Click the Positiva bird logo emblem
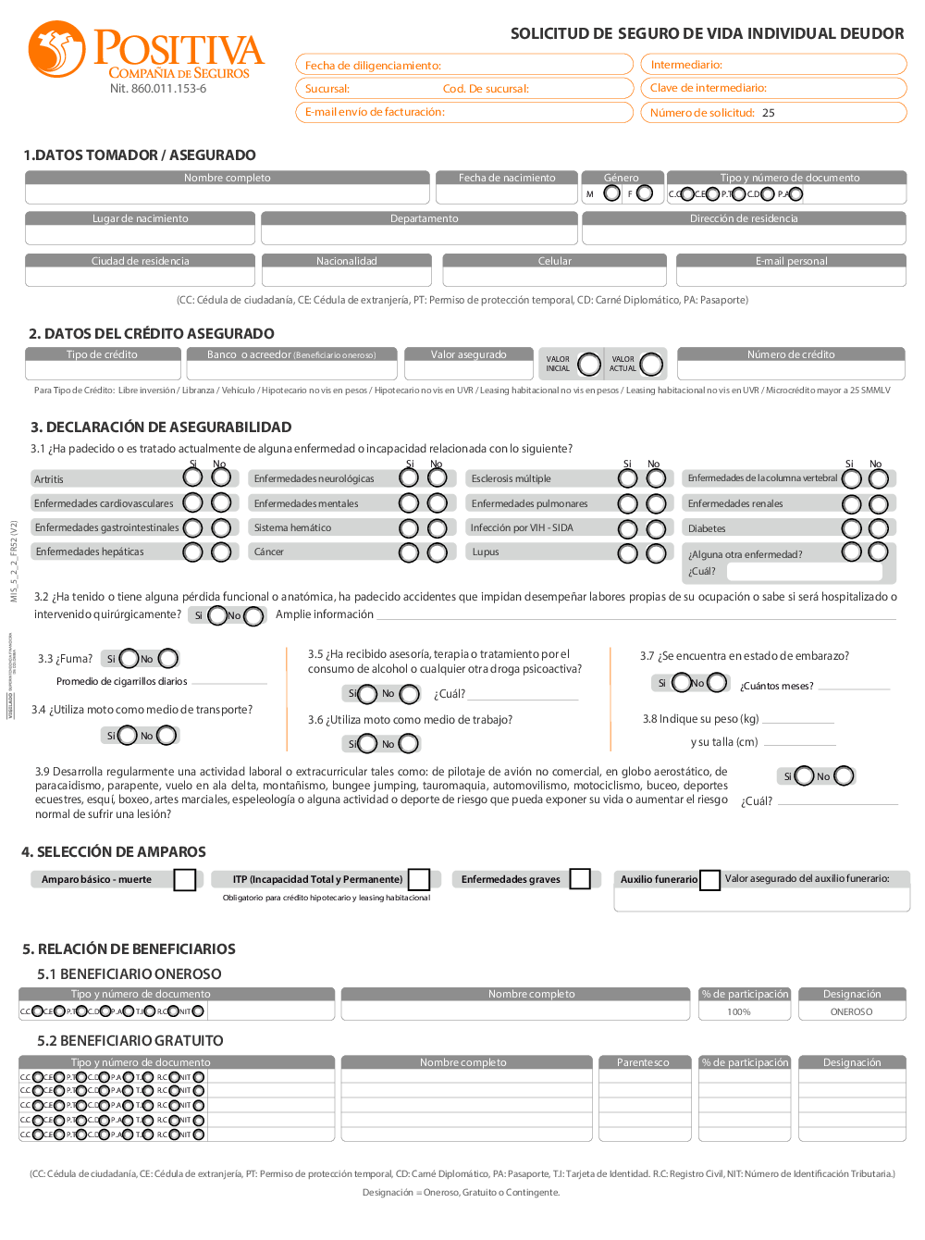coord(56,49)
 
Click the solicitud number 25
coord(769,113)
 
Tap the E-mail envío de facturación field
coord(464,112)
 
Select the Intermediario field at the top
coord(773,65)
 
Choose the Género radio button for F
coord(645,193)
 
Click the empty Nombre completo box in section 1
coord(228,194)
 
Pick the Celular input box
coord(554,277)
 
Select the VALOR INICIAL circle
coord(589,365)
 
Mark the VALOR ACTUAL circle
coord(651,365)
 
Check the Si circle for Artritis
coord(192,477)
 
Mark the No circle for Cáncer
coord(438,552)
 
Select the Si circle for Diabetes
coord(851,528)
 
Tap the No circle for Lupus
coord(656,553)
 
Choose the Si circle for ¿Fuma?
coord(129,659)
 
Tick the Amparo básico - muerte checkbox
coord(185,880)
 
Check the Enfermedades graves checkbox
coord(580,879)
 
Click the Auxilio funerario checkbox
coord(709,880)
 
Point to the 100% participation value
coord(739,1012)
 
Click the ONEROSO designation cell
coord(851,1012)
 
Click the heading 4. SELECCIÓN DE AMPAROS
coord(114,852)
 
